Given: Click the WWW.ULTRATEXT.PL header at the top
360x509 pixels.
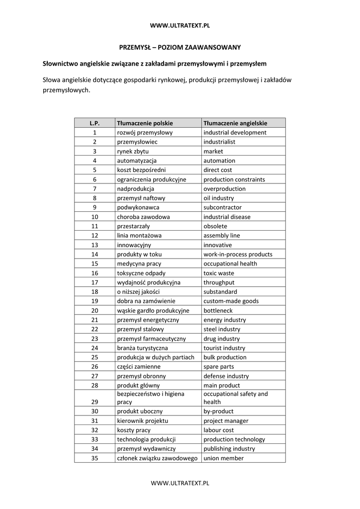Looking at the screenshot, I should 180,25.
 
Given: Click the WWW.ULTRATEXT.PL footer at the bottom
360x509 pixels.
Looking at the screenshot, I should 180,483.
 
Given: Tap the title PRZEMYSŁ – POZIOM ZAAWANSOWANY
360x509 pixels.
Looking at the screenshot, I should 180,47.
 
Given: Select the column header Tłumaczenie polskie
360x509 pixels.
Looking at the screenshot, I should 145,123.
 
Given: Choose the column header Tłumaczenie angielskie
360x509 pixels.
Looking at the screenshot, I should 235,123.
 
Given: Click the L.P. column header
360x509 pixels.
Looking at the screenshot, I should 94,123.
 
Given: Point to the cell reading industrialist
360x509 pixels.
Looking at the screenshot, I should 219,142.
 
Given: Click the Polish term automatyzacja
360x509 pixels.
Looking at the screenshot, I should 137,161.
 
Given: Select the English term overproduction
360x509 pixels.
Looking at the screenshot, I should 224,189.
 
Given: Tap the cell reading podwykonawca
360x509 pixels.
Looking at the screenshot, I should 138,208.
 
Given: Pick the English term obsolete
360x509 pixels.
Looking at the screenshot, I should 215,226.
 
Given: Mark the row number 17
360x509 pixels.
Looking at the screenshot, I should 94,282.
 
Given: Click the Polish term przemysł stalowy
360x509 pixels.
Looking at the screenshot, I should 140,330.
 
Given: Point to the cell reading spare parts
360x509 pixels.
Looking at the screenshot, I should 219,367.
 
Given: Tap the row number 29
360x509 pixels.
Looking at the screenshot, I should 94,402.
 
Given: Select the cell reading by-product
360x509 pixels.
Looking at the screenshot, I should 218,412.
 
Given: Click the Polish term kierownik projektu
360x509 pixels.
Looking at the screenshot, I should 142,421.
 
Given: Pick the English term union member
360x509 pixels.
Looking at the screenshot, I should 223,458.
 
